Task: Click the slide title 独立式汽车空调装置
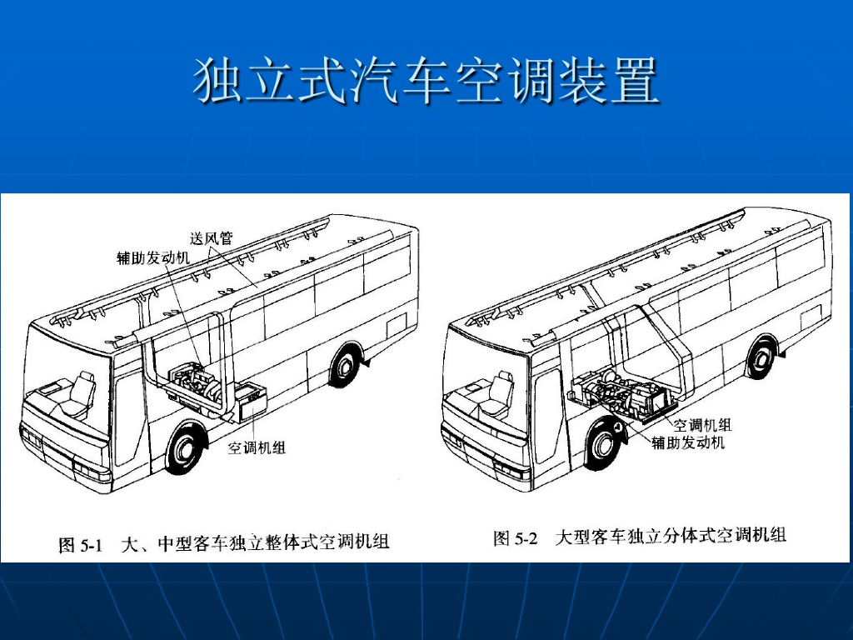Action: tap(426, 80)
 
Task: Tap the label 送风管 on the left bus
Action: tap(212, 238)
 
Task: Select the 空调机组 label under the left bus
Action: tap(257, 448)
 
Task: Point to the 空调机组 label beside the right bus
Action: tap(702, 426)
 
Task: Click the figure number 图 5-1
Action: tap(80, 545)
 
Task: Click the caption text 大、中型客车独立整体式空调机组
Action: tap(256, 543)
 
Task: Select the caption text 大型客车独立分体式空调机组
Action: tap(671, 537)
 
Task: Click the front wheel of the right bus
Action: tap(603, 443)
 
